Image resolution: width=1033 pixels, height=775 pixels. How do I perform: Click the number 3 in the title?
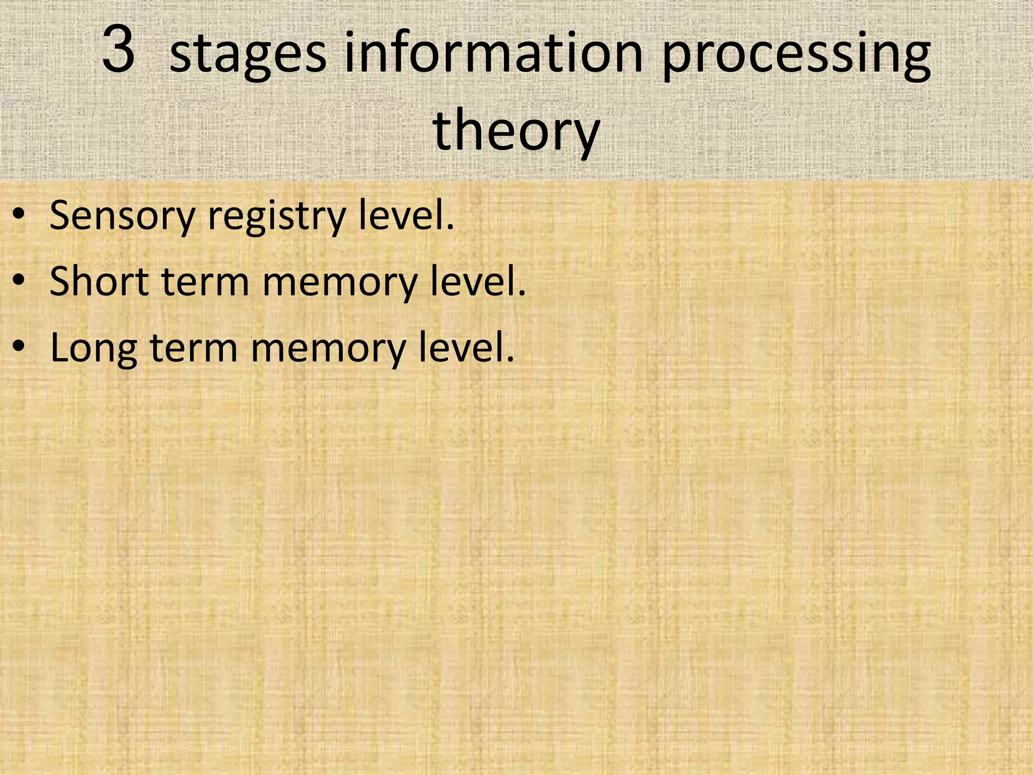[119, 49]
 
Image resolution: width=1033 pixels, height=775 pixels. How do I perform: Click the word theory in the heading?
[516, 131]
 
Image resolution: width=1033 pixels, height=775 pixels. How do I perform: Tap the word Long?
[94, 349]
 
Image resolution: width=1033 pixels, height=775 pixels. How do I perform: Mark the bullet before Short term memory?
[19, 281]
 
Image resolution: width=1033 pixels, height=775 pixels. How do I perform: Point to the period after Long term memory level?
[510, 359]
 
